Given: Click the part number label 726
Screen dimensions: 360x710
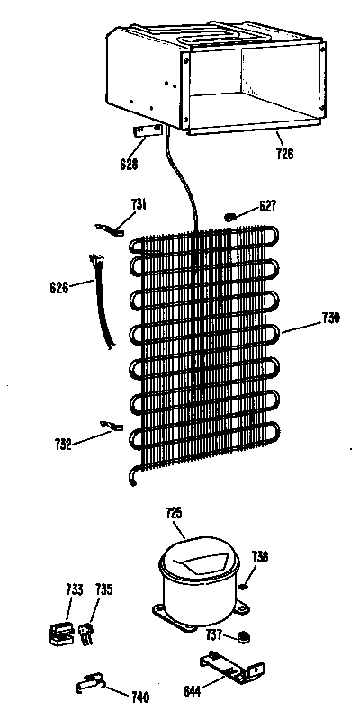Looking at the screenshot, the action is (284, 154).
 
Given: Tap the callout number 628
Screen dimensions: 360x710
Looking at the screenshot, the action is (129, 163).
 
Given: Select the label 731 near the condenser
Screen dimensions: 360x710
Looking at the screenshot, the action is (139, 204).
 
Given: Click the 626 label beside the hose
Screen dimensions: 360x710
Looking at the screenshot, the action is (59, 287).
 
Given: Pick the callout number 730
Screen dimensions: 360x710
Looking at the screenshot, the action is (330, 318).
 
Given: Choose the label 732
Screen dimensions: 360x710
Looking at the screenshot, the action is (62, 445).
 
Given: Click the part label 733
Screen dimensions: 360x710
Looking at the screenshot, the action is (74, 589).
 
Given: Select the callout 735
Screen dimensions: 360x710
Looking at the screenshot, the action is (103, 589).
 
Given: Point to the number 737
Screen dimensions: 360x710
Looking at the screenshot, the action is (214, 634).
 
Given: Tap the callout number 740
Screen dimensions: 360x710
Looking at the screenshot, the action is (139, 696).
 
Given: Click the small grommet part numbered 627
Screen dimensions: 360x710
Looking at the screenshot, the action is (230, 218).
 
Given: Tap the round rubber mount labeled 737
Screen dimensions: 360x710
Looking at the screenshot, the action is (245, 637).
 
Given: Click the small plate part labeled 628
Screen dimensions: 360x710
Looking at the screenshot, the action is (147, 130).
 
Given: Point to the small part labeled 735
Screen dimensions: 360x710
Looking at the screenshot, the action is (86, 633).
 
